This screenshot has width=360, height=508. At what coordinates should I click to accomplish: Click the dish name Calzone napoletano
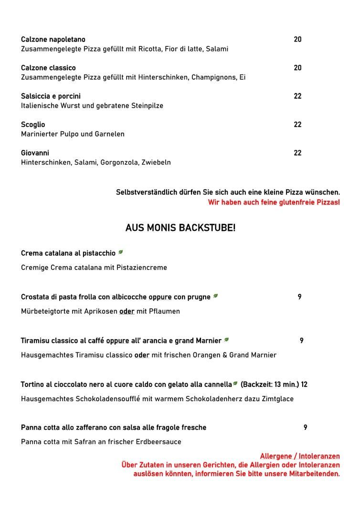coord(53,40)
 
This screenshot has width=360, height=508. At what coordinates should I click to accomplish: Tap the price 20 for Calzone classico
coord(297,68)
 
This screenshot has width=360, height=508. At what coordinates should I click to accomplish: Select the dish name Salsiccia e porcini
coord(51,96)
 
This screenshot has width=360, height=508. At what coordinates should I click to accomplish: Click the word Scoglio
coord(33,125)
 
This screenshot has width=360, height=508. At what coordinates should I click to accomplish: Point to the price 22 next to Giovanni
coord(297,153)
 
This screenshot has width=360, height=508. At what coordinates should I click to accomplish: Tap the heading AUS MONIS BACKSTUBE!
coord(180,228)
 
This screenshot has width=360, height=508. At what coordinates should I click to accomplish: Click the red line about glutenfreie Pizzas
coord(274,202)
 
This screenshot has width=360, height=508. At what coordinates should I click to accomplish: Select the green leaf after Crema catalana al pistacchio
coord(121,252)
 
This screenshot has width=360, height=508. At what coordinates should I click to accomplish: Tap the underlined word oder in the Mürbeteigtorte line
coord(127,311)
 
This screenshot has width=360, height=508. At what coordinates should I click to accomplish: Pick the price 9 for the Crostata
coord(299,297)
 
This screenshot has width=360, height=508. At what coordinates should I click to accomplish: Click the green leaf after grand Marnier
coord(226,340)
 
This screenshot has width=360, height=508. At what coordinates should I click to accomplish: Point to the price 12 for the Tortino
coord(304,384)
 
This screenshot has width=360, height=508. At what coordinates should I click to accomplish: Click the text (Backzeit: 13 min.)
coord(269,384)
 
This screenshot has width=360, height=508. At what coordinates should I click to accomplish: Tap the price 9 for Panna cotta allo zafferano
coord(305,428)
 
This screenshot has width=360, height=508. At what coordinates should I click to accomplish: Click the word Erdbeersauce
coord(159,442)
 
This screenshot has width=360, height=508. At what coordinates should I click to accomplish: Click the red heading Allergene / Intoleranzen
coord(299,456)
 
